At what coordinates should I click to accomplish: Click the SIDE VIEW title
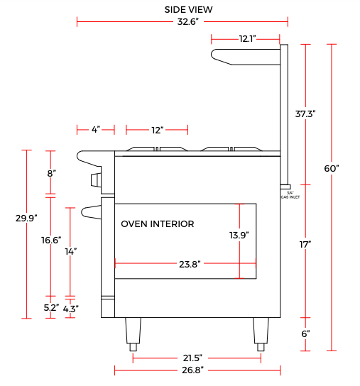(188, 10)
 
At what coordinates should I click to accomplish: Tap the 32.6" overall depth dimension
(187, 22)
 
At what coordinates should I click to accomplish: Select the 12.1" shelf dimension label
(247, 38)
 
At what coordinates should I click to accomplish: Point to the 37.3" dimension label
(305, 114)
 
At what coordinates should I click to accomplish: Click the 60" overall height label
(332, 169)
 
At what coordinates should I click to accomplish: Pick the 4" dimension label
(96, 129)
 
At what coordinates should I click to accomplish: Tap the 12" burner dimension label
(158, 130)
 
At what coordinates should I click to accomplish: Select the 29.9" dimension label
(26, 218)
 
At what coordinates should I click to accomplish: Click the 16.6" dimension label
(51, 240)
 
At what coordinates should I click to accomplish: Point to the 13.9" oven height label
(239, 235)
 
